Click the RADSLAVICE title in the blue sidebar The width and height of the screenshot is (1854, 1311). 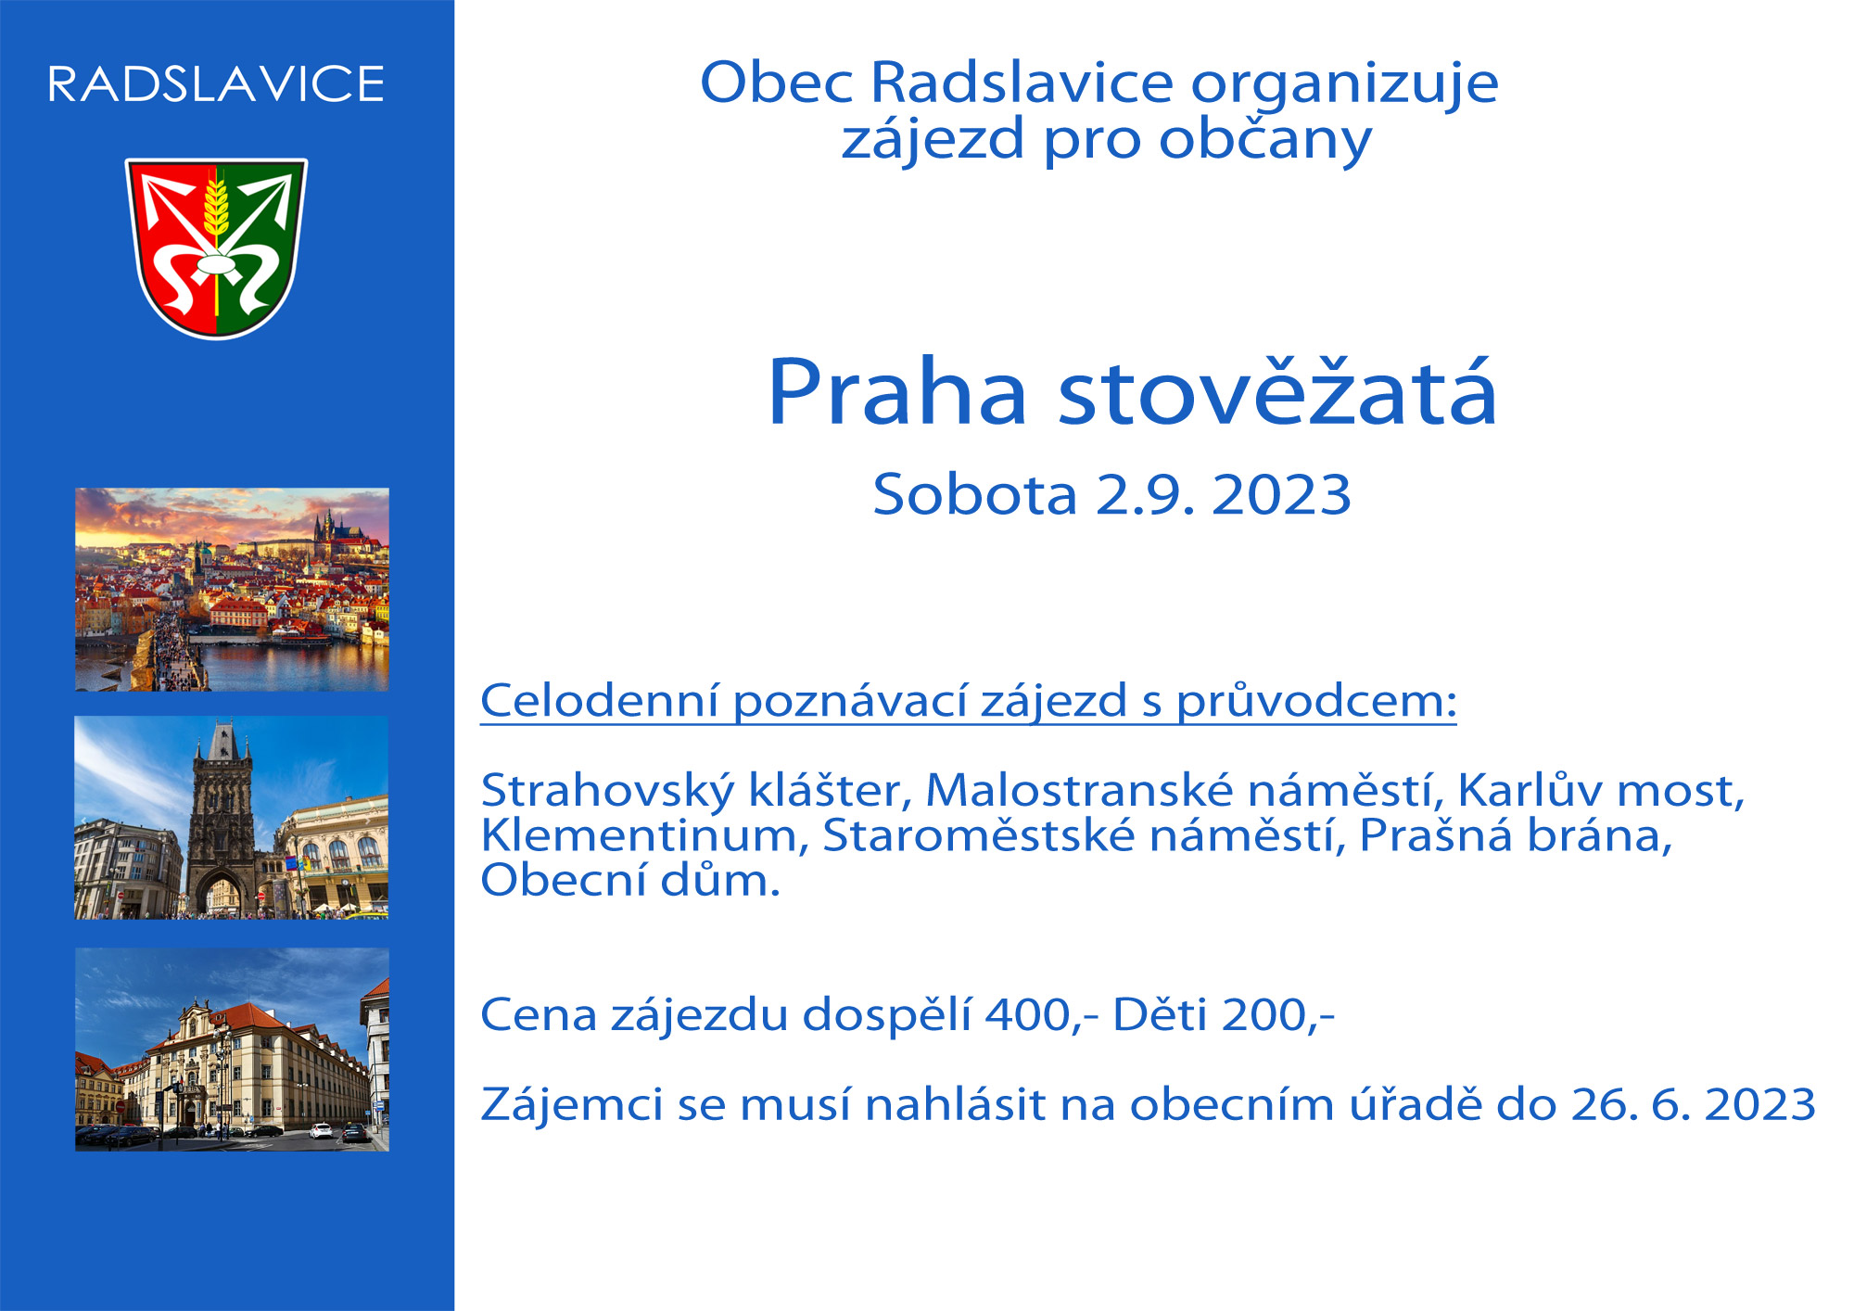[216, 83]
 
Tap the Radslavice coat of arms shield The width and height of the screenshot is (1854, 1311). [216, 248]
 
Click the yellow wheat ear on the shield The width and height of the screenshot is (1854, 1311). [216, 208]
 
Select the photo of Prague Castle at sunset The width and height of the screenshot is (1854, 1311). [232, 589]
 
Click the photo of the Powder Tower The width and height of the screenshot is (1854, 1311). [232, 817]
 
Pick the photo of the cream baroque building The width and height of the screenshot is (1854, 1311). [232, 1049]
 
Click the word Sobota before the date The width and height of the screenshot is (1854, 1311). [974, 493]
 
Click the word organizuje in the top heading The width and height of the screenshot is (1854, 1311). [1344, 85]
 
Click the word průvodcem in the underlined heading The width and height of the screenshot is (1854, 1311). [1317, 702]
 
